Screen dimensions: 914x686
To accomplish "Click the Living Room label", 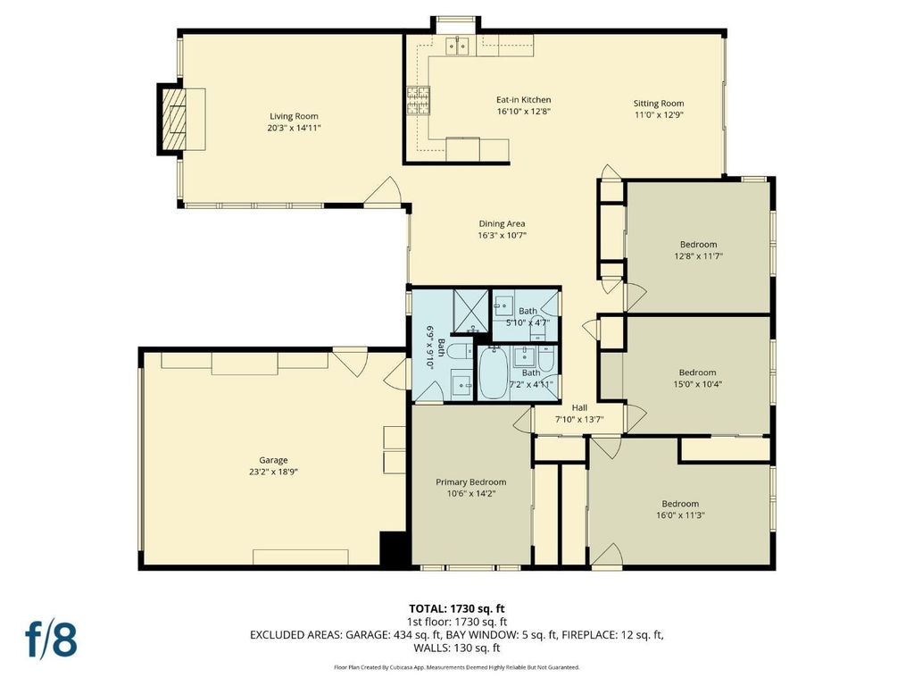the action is [x=294, y=116].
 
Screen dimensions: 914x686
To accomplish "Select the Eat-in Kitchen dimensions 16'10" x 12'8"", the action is [x=523, y=112].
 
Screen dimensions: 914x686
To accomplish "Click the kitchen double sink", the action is [x=458, y=46].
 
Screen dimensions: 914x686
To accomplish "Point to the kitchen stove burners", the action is [x=418, y=100].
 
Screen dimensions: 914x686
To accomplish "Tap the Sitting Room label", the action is [x=659, y=104].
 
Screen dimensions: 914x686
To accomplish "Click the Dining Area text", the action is [x=502, y=223].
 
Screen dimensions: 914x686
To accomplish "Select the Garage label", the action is [x=273, y=460].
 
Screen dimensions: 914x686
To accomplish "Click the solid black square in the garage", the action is [x=393, y=548].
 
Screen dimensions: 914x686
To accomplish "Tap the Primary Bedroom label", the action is [x=471, y=481].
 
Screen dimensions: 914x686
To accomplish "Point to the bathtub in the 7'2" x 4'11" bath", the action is [x=494, y=372].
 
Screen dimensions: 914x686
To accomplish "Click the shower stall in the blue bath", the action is [x=471, y=310].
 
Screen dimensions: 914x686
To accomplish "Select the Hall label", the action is [x=579, y=407].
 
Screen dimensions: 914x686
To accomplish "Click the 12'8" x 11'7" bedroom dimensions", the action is [x=698, y=255].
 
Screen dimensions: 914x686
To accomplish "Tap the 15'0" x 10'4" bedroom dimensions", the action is [x=698, y=384].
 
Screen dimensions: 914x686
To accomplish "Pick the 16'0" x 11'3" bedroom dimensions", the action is [x=680, y=515].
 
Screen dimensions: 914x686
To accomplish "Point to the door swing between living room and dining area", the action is [x=382, y=191].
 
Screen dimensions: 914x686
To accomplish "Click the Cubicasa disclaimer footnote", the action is [x=456, y=666].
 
